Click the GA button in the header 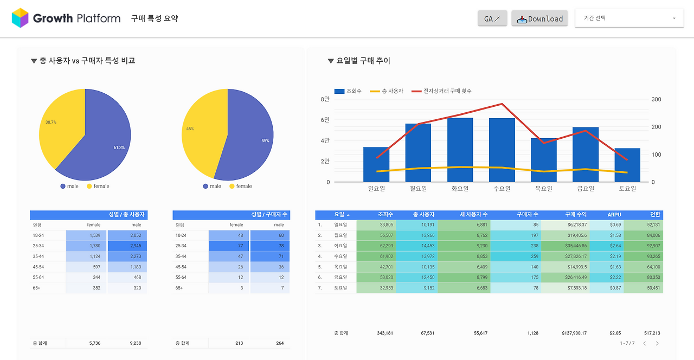click(x=492, y=18)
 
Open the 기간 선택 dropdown click(x=629, y=18)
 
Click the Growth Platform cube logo click(x=20, y=18)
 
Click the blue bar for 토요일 click(x=627, y=165)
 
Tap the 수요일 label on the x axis click(x=502, y=189)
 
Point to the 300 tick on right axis click(x=656, y=100)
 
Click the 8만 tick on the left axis click(x=325, y=100)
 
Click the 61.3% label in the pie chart click(x=119, y=147)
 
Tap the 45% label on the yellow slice click(x=190, y=129)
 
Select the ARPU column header click(x=614, y=215)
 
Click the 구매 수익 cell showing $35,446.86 click(x=569, y=246)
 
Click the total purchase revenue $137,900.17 click(x=569, y=333)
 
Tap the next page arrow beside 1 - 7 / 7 click(x=657, y=343)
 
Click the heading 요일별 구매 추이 click(x=363, y=61)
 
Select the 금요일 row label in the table click(x=341, y=277)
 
